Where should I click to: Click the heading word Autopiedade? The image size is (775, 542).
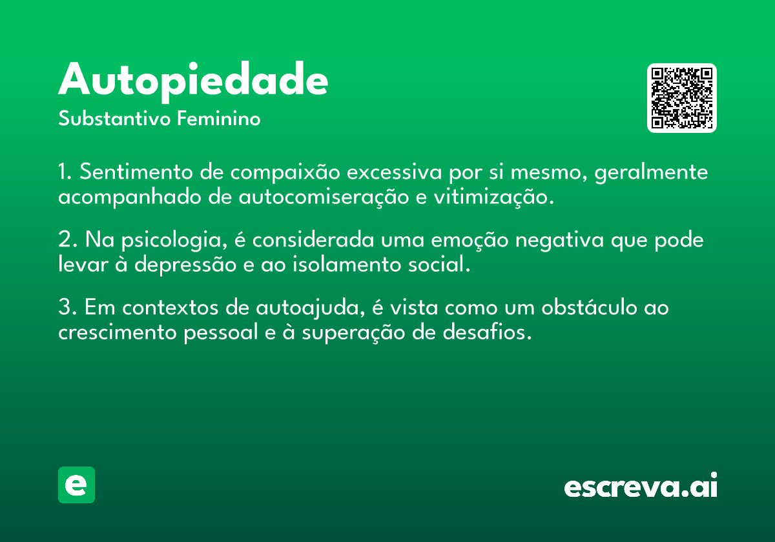pyautogui.click(x=193, y=81)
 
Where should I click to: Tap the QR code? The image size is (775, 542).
pyautogui.click(x=681, y=98)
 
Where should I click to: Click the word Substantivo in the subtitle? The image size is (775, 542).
pyautogui.click(x=114, y=119)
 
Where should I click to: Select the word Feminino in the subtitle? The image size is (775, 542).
pyautogui.click(x=219, y=119)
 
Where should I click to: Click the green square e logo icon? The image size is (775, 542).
pyautogui.click(x=76, y=485)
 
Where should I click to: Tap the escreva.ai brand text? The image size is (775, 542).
pyautogui.click(x=641, y=485)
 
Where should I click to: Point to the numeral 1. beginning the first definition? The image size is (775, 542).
pyautogui.click(x=65, y=172)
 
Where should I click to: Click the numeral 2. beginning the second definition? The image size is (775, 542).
pyautogui.click(x=67, y=239)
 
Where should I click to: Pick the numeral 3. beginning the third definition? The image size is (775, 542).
pyautogui.click(x=67, y=307)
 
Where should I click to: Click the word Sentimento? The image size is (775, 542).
pyautogui.click(x=136, y=172)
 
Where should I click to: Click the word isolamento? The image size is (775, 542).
pyautogui.click(x=347, y=264)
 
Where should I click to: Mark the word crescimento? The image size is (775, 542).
pyautogui.click(x=118, y=332)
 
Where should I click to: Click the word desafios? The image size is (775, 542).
pyautogui.click(x=487, y=332)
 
